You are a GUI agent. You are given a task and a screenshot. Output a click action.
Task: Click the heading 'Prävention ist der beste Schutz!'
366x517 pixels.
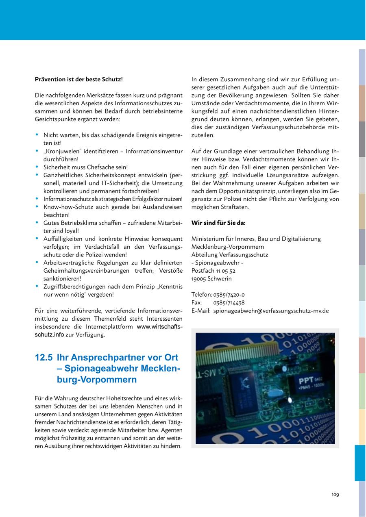78,79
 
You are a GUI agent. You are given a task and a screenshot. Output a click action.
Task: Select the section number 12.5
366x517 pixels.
44,358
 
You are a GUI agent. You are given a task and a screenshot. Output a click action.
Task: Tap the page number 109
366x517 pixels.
335,495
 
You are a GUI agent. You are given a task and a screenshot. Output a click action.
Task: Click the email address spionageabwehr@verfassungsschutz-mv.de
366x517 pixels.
271,311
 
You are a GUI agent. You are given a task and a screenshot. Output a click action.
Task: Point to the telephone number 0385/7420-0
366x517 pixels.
229,295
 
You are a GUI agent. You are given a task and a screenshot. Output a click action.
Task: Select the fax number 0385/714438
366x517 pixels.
229,303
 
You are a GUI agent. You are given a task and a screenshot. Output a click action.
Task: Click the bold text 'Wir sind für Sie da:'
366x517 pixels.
218,223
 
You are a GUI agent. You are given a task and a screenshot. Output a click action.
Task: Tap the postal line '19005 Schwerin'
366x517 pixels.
211,279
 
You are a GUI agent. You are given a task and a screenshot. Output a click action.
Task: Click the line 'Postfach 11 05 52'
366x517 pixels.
213,271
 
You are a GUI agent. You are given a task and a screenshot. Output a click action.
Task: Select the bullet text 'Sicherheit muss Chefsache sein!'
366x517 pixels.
85,167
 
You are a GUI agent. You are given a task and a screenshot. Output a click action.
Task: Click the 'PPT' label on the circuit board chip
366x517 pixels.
306,381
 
